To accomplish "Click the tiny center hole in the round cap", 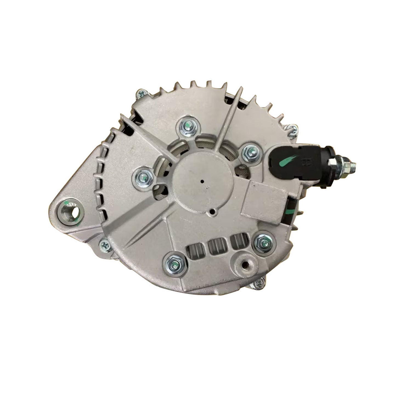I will point(202,181).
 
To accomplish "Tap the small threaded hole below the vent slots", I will point(245,266).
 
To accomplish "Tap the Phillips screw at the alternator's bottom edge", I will point(258,284).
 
